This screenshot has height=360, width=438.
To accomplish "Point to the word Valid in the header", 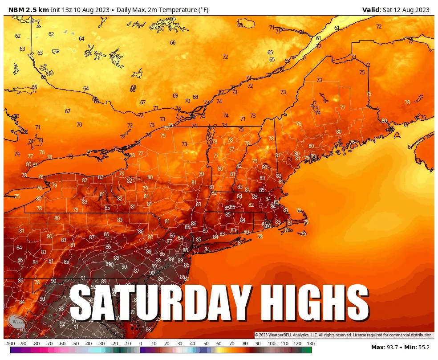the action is point(371,10).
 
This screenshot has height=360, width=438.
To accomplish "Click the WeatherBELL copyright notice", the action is point(343,335).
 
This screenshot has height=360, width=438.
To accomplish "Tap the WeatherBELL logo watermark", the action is point(17,321).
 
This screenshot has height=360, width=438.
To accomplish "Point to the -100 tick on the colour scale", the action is point(10,344).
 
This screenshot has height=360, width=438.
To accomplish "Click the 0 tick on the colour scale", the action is point(141,344).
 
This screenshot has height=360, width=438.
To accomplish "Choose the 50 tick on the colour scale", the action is point(206,344).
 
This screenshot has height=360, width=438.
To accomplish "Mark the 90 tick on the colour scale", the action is point(258,344).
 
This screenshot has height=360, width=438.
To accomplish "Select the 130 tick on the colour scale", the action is point(310,344).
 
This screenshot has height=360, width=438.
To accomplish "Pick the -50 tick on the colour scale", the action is point(75,344).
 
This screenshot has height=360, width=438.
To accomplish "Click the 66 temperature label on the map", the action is point(173,43).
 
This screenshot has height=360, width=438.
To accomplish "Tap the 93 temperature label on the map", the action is point(61,308).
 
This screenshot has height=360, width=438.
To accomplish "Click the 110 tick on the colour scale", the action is point(284,344).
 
